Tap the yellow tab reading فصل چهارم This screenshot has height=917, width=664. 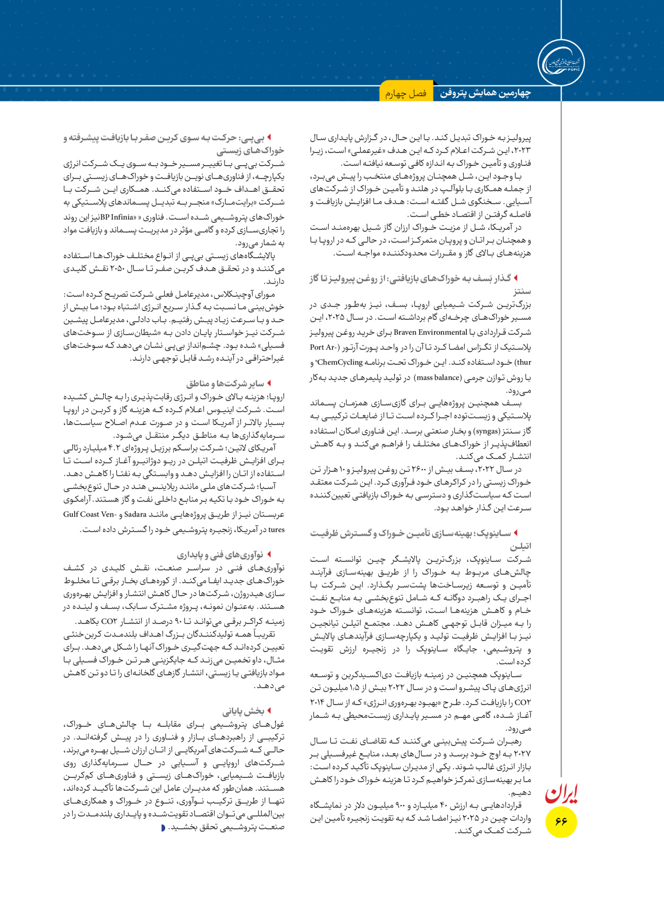click(x=406, y=94)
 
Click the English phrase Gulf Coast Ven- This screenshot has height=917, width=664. click(x=89, y=514)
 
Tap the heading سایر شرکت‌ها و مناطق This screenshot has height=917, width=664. click(x=225, y=383)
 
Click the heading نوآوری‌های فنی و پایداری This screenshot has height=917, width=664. click(x=220, y=555)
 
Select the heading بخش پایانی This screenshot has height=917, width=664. click(x=243, y=711)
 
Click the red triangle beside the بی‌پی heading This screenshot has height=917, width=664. click(x=270, y=138)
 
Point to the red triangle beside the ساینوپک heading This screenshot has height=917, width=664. click(x=516, y=533)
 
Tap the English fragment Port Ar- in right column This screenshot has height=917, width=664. click(x=323, y=347)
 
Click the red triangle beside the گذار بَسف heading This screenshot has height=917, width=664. click(x=516, y=278)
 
